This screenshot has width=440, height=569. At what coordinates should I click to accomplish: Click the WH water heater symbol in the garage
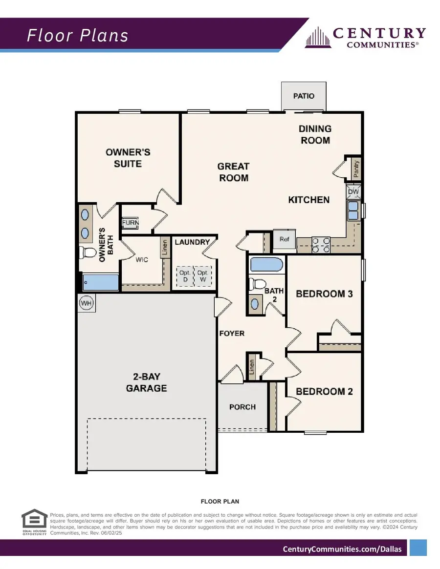click(x=87, y=303)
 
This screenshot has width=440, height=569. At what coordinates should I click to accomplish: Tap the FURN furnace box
click(x=131, y=223)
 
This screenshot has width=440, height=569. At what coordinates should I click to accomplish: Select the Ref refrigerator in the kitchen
click(x=284, y=239)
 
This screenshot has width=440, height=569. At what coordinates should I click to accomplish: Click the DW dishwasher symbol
click(x=353, y=192)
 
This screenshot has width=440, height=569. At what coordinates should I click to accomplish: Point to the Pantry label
click(x=356, y=169)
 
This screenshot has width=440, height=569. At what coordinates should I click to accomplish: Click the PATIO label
click(x=304, y=96)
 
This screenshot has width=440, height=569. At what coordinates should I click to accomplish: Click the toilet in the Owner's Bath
click(x=88, y=253)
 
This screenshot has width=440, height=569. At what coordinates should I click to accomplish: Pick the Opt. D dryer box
click(x=185, y=276)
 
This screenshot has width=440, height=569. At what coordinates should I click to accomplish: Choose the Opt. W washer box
click(x=203, y=276)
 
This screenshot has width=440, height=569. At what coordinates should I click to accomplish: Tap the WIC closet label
click(x=142, y=260)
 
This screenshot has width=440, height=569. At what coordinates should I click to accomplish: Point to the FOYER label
click(x=232, y=333)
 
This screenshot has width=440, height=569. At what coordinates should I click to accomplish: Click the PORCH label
click(x=242, y=407)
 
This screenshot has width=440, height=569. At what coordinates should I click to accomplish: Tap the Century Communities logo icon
click(x=317, y=38)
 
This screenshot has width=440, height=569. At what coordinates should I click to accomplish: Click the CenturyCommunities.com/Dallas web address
click(x=342, y=549)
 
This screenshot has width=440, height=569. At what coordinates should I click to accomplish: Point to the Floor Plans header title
click(x=77, y=36)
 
